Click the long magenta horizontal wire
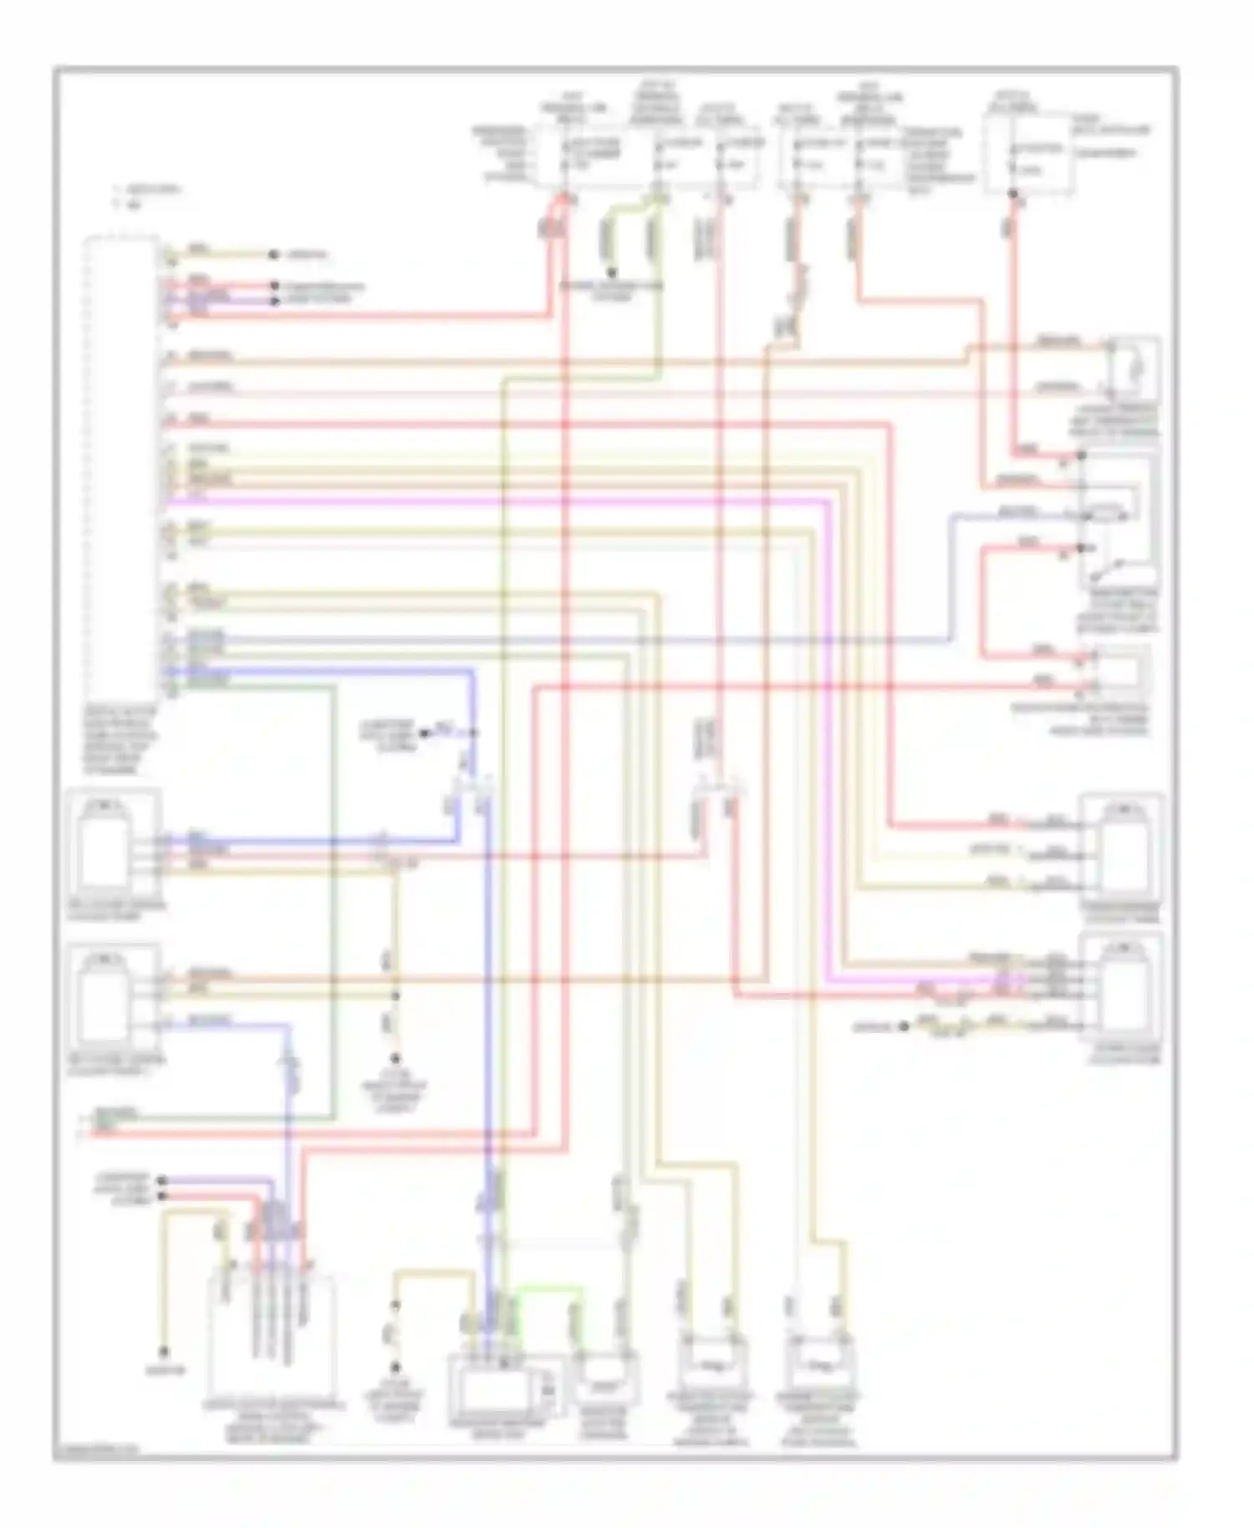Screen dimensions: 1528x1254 [x=502, y=501]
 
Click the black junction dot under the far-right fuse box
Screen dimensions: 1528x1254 [x=1012, y=196]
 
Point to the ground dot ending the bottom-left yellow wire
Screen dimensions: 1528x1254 [x=165, y=1352]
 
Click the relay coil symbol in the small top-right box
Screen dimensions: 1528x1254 [x=1134, y=365]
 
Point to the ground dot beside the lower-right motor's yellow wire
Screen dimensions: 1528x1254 [x=904, y=1026]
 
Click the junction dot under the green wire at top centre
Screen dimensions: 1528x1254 [x=611, y=272]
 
